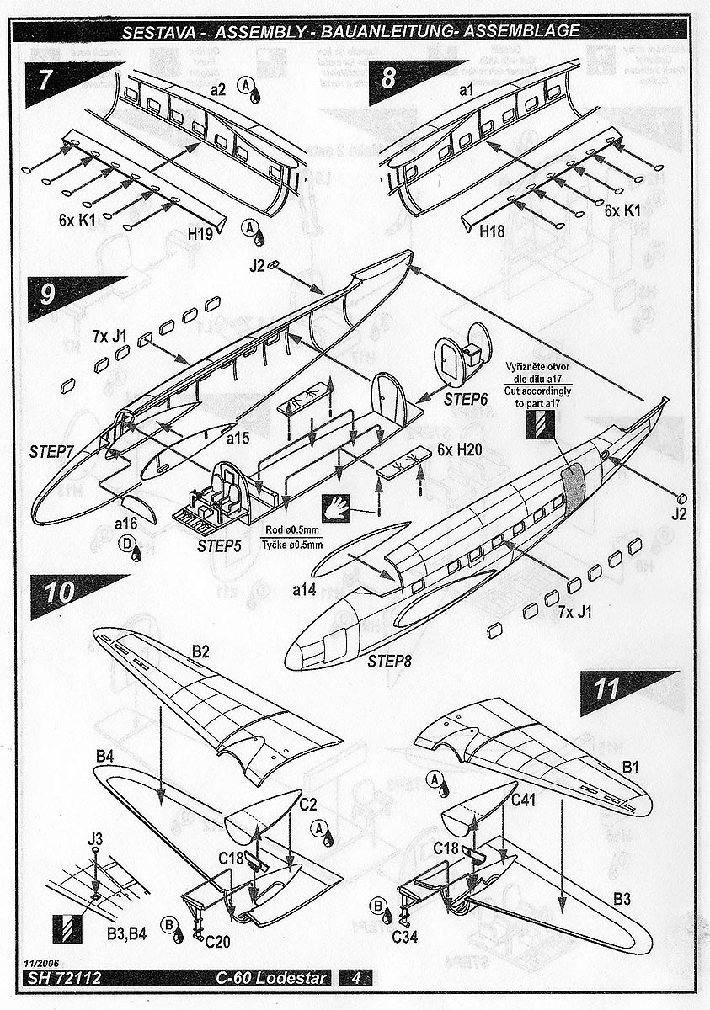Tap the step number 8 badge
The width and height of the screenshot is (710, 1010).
pyautogui.click(x=388, y=80)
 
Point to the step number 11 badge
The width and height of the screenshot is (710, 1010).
pyautogui.click(x=604, y=688)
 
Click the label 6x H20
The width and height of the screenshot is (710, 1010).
pyautogui.click(x=459, y=450)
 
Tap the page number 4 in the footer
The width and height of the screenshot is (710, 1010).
pyautogui.click(x=356, y=978)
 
